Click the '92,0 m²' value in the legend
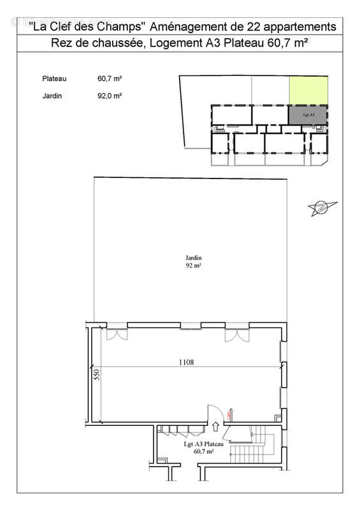[x=110, y=96]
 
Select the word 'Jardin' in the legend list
[x=51, y=96]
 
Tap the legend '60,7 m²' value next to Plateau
[x=110, y=79]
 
